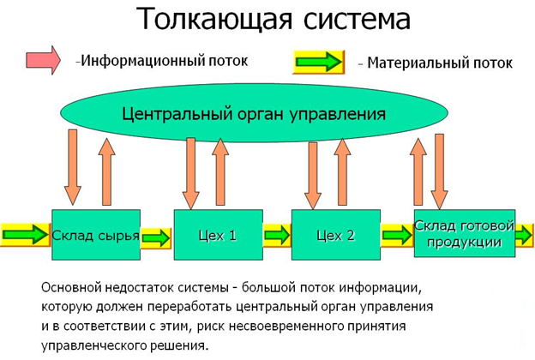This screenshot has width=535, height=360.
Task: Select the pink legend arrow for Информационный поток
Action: [41, 60]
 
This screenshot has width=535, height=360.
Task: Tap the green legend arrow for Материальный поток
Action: [320, 63]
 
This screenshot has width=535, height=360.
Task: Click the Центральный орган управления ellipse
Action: [253, 113]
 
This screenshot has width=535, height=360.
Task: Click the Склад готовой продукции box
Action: [464, 233]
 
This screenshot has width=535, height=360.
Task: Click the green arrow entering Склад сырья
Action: [26, 234]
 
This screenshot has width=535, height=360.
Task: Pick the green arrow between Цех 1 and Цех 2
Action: [277, 235]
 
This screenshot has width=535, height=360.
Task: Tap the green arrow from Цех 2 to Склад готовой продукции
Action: [397, 235]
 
